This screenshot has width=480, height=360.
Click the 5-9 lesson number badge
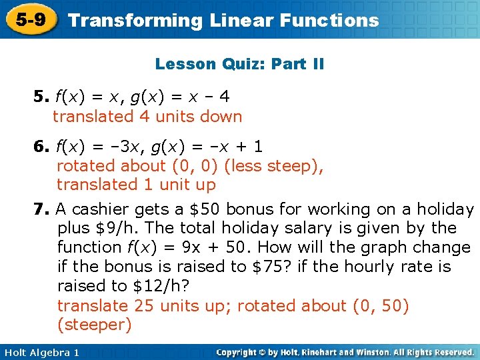tap(31, 20)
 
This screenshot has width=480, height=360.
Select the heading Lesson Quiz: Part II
tap(239, 65)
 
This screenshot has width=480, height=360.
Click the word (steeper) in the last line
tap(94, 325)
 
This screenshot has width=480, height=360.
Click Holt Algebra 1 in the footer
tap(40, 352)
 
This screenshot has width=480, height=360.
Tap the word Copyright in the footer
tap(239, 352)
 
